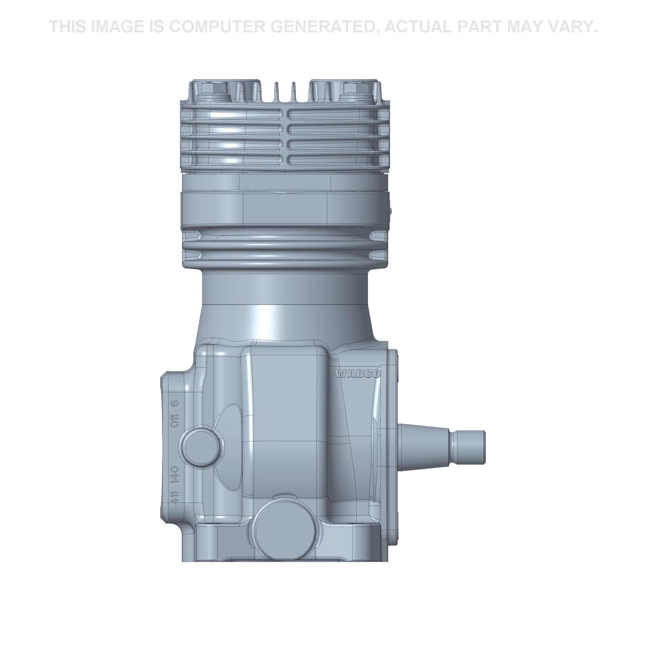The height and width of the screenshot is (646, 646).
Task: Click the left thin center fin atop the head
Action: pos(276,93)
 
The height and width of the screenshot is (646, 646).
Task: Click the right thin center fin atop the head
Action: pos(293,93)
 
